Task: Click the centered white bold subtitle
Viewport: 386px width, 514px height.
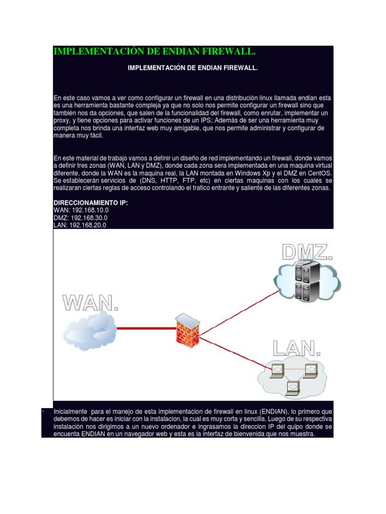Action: [x=193, y=67]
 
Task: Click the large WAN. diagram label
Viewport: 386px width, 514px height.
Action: [x=90, y=303]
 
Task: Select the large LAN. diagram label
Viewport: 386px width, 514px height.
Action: [x=297, y=348]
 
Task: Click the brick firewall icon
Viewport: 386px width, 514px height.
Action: [x=187, y=329]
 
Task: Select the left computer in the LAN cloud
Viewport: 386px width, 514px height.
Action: [x=277, y=370]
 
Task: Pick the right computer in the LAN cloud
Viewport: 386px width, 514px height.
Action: [x=311, y=369]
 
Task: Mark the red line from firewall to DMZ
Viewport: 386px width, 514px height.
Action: [x=236, y=306]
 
